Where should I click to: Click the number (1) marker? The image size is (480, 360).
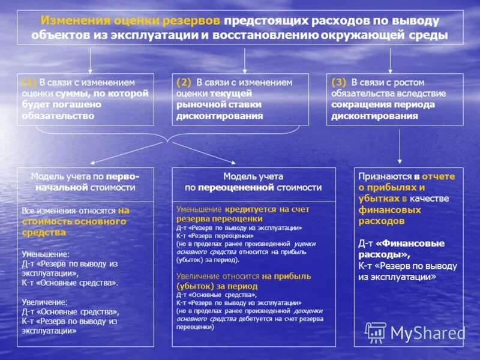(x=29, y=83)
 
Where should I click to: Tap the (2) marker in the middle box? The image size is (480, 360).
(x=184, y=83)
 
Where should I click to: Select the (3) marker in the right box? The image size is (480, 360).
(x=340, y=83)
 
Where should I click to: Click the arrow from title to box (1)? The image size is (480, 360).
(x=90, y=60)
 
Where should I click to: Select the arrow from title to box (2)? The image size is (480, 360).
(x=245, y=60)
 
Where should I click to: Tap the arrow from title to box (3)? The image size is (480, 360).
(x=391, y=60)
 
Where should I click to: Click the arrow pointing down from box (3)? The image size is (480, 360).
(x=400, y=144)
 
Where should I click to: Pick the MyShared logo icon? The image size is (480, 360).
(x=376, y=331)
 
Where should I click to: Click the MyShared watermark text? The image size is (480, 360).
(x=428, y=332)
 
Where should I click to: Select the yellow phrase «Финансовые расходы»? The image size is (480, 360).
(x=401, y=249)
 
